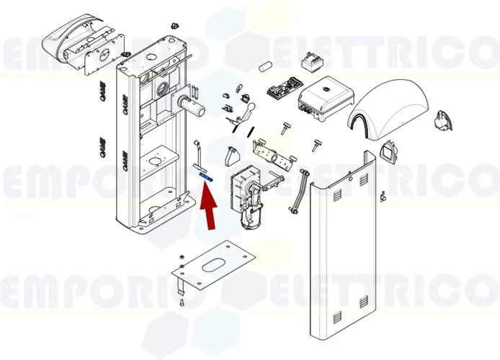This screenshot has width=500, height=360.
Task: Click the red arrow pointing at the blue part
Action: (209, 207)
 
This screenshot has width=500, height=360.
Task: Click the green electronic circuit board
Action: (280, 90)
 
